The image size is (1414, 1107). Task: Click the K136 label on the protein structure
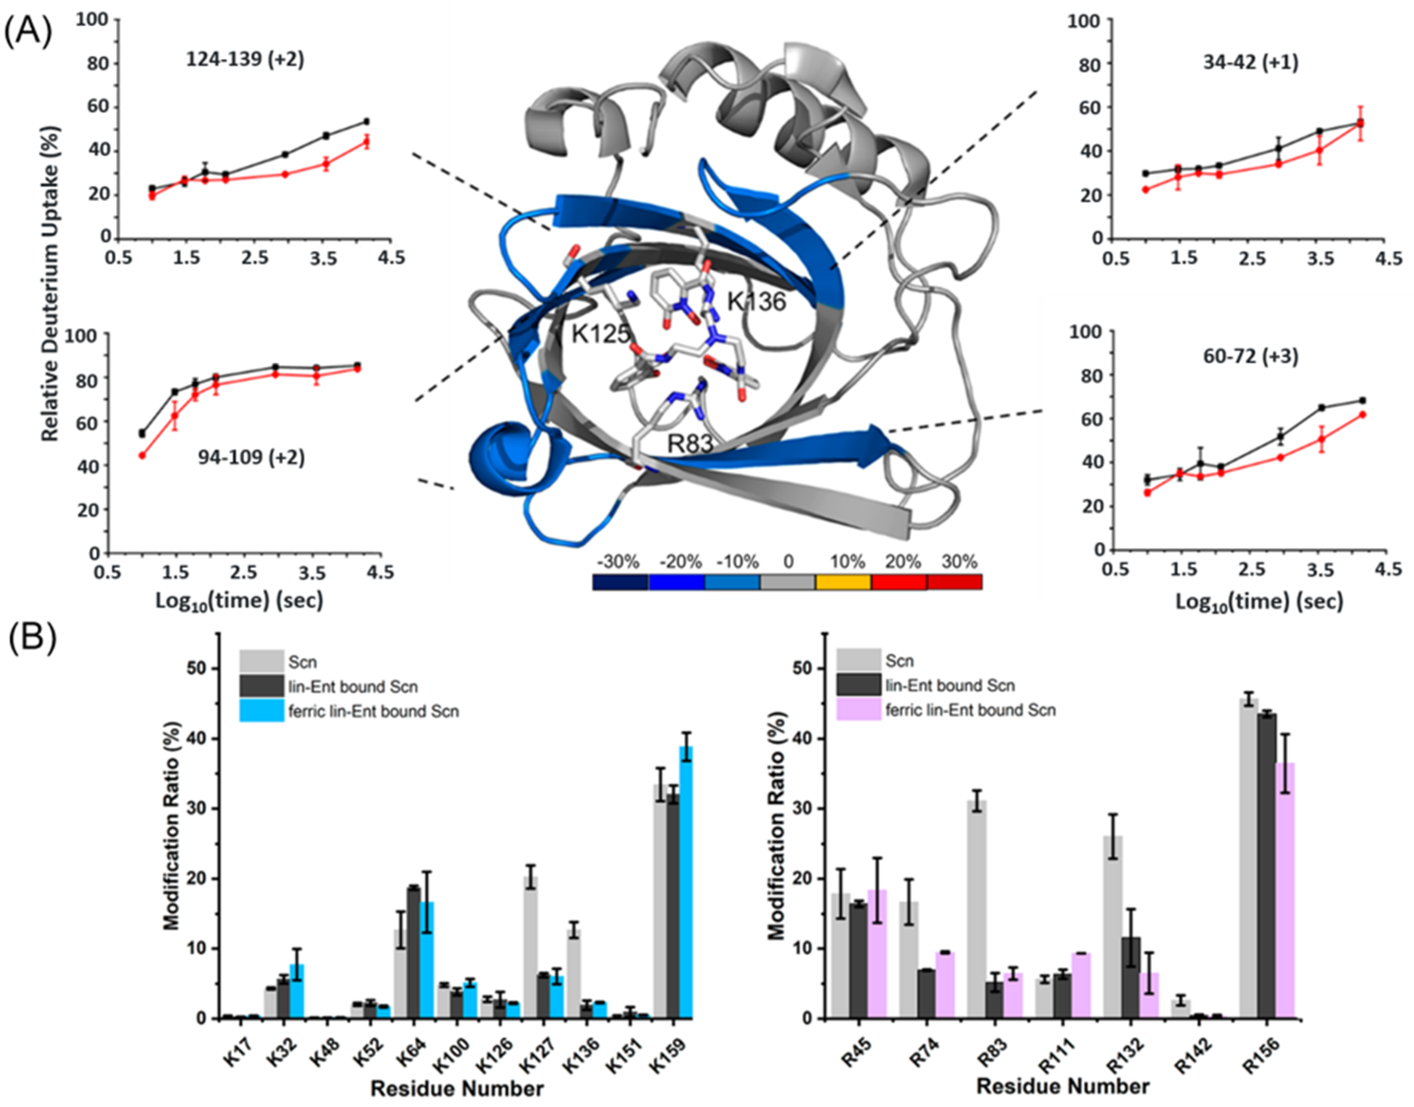point(756,301)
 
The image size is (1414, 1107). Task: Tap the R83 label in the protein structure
point(691,444)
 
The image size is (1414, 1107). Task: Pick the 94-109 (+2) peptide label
point(251,457)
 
